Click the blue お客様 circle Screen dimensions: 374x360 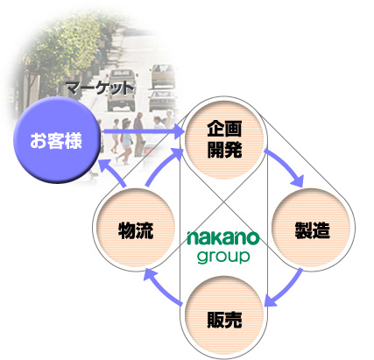coord(57,140)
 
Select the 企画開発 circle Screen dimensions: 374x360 coord(224,139)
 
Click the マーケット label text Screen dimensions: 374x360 coord(100,88)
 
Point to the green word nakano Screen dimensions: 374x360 coord(223,237)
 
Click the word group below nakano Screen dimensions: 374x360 coord(223,257)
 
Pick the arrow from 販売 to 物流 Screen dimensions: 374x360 coord(162,289)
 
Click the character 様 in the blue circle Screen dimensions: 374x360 coord(74,141)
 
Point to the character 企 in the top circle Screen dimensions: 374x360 coord(215,129)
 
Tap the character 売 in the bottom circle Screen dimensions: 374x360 coord(233,320)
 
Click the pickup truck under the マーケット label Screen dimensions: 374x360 coord(120,89)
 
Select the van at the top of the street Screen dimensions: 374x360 coord(162,75)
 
